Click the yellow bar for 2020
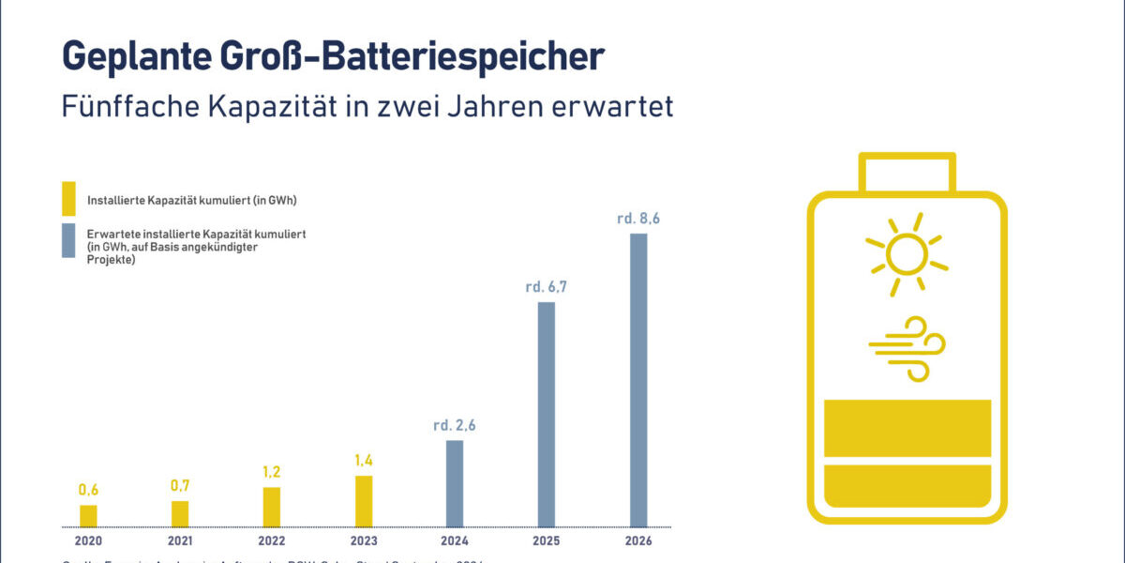pyautogui.click(x=88, y=515)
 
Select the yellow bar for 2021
pyautogui.click(x=180, y=513)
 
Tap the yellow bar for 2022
pyautogui.click(x=272, y=507)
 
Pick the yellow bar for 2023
pyautogui.click(x=364, y=501)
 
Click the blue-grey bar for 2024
pyautogui.click(x=455, y=483)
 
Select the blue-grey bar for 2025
pyautogui.click(x=547, y=414)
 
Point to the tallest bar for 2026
pyautogui.click(x=638, y=380)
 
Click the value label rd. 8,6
pyautogui.click(x=638, y=219)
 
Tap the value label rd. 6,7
pyautogui.click(x=547, y=287)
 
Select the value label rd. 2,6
pyautogui.click(x=455, y=425)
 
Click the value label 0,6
pyautogui.click(x=88, y=490)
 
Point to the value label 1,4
pyautogui.click(x=364, y=461)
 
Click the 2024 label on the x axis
pyautogui.click(x=455, y=541)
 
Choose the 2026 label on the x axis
pyautogui.click(x=638, y=541)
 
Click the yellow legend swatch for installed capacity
pyautogui.click(x=68, y=199)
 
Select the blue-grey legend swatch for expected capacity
pyautogui.click(x=68, y=240)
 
